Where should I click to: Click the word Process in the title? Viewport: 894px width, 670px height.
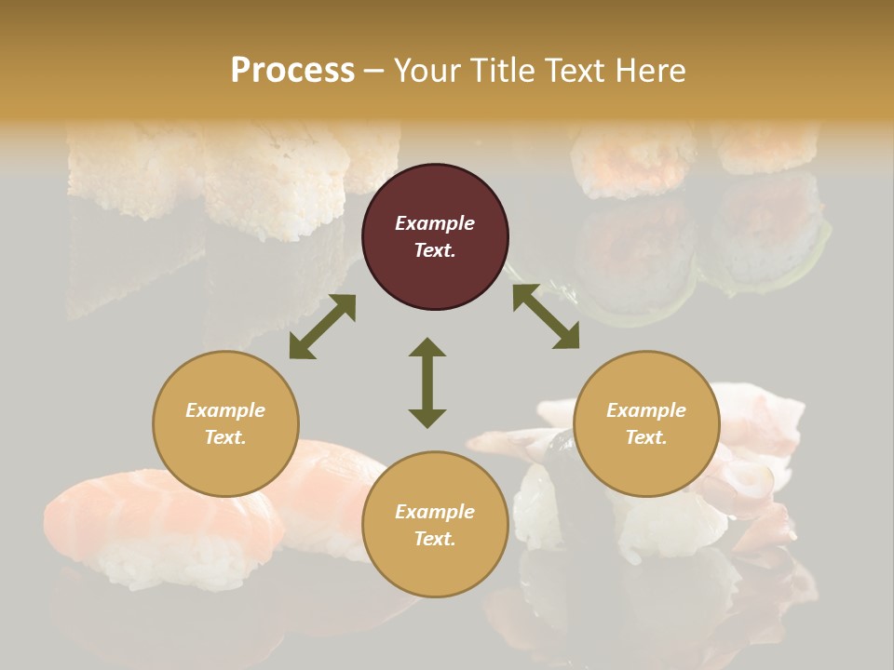point(292,71)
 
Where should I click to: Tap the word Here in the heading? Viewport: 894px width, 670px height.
point(651,71)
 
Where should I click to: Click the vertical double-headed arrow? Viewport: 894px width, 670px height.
point(427,382)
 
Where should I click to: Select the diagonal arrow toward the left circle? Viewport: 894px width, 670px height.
point(322,327)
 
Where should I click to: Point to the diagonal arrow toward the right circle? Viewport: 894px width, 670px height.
point(546,316)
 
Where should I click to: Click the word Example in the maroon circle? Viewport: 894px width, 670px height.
point(435,223)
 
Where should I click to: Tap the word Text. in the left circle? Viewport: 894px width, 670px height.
point(225,437)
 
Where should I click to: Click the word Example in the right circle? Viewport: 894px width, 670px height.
point(646,410)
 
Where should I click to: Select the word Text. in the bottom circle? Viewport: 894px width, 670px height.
point(435,539)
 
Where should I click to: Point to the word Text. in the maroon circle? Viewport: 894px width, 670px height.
point(435,250)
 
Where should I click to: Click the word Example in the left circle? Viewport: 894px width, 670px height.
point(225,410)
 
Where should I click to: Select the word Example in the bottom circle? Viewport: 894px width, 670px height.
point(435,512)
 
